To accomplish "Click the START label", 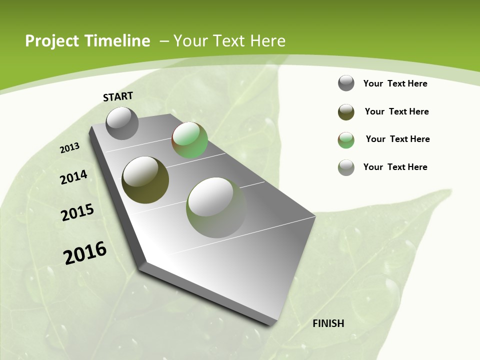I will pos(118,96).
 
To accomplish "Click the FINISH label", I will pos(328,323).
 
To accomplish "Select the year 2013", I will pos(70,148).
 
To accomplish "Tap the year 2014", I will pos(74,177).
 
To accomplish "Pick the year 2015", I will pos(77,212).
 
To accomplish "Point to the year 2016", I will pos(85,253).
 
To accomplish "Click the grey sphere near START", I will pos(122,123).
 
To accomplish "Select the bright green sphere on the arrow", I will pos(189,140).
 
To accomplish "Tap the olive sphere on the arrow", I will pos(145,179).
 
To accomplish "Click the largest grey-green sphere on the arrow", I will pos(216,207).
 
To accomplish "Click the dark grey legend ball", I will pos(346,83).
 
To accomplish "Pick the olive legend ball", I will pos(346,112).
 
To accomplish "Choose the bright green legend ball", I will pos(346,140).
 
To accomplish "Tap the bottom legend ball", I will pos(346,167).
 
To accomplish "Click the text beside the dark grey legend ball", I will pos(395,83).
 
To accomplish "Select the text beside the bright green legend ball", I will pos(397,139).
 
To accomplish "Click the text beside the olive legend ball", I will pos(396,111).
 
